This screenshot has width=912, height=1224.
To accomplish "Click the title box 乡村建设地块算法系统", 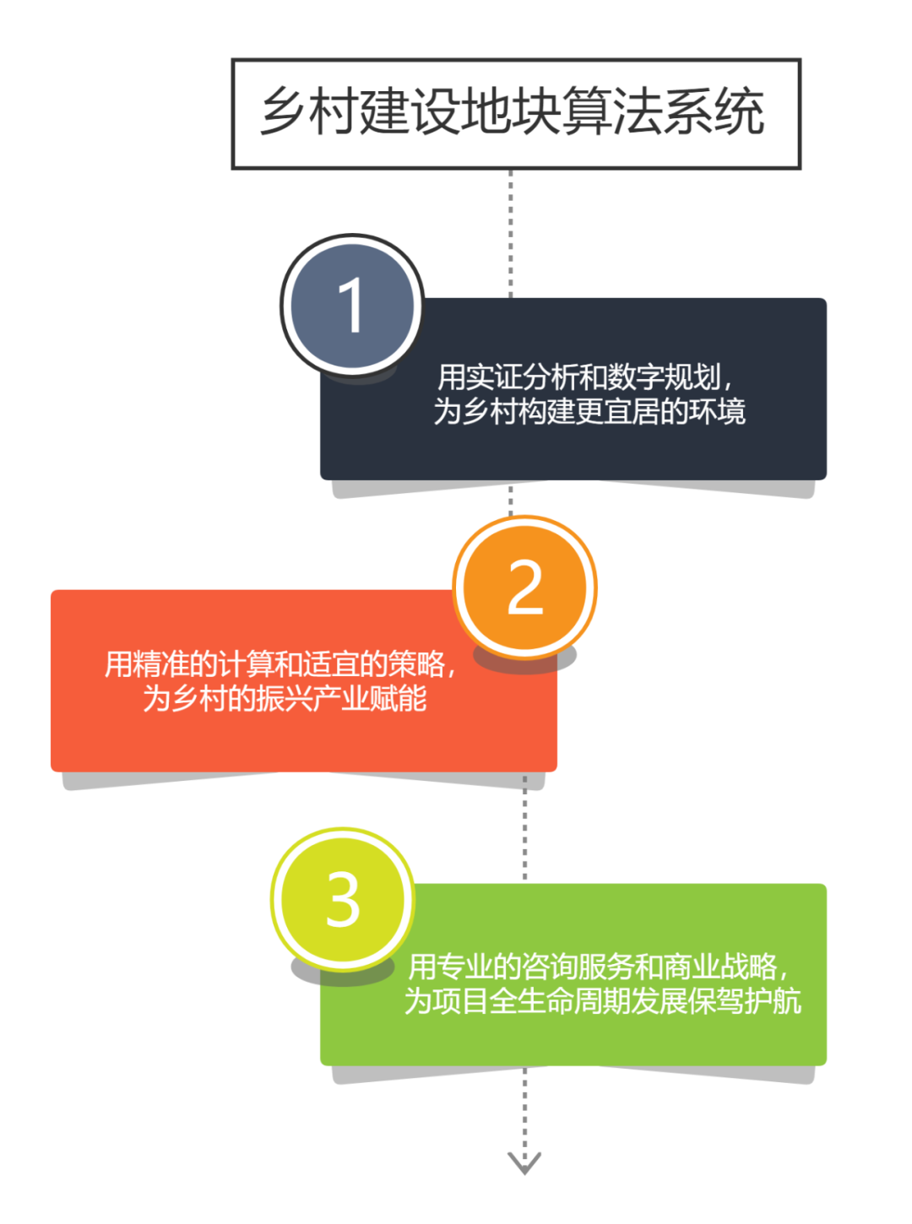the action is [x=516, y=113].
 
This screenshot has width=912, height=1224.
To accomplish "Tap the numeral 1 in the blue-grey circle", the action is [x=351, y=306].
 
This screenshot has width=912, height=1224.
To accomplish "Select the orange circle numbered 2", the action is [x=524, y=588].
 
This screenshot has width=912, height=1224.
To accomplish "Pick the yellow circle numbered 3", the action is [x=343, y=900].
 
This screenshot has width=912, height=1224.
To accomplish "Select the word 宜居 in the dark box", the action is [x=632, y=412].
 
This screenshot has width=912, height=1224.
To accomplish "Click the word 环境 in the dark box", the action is [x=718, y=412].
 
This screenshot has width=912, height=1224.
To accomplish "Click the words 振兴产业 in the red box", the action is [x=312, y=699].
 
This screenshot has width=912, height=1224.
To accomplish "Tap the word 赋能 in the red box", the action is [x=398, y=699].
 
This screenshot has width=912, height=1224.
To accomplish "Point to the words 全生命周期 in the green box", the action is [x=559, y=1001].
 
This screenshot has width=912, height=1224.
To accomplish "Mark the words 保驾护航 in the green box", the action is [x=745, y=1001].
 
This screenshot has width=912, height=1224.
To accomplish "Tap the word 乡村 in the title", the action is [x=310, y=113].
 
